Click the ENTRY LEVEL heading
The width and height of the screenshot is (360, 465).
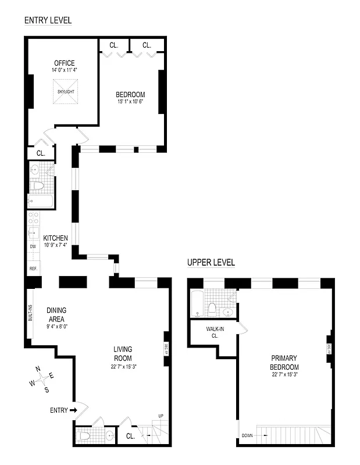click(x=48, y=20)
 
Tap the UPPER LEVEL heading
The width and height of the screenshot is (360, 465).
click(x=211, y=263)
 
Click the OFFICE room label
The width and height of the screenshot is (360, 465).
click(x=65, y=63)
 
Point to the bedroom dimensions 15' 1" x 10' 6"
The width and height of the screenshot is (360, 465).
click(x=130, y=102)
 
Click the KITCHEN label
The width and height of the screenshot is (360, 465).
click(x=55, y=238)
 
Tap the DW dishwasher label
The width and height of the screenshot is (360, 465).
click(x=33, y=246)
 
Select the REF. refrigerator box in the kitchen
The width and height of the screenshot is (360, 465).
click(x=33, y=269)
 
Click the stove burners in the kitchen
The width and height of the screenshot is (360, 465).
click(x=34, y=219)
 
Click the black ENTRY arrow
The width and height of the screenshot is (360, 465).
click(x=74, y=410)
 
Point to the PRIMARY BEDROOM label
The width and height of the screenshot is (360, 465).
click(x=284, y=363)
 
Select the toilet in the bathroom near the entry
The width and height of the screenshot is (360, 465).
click(x=84, y=435)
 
